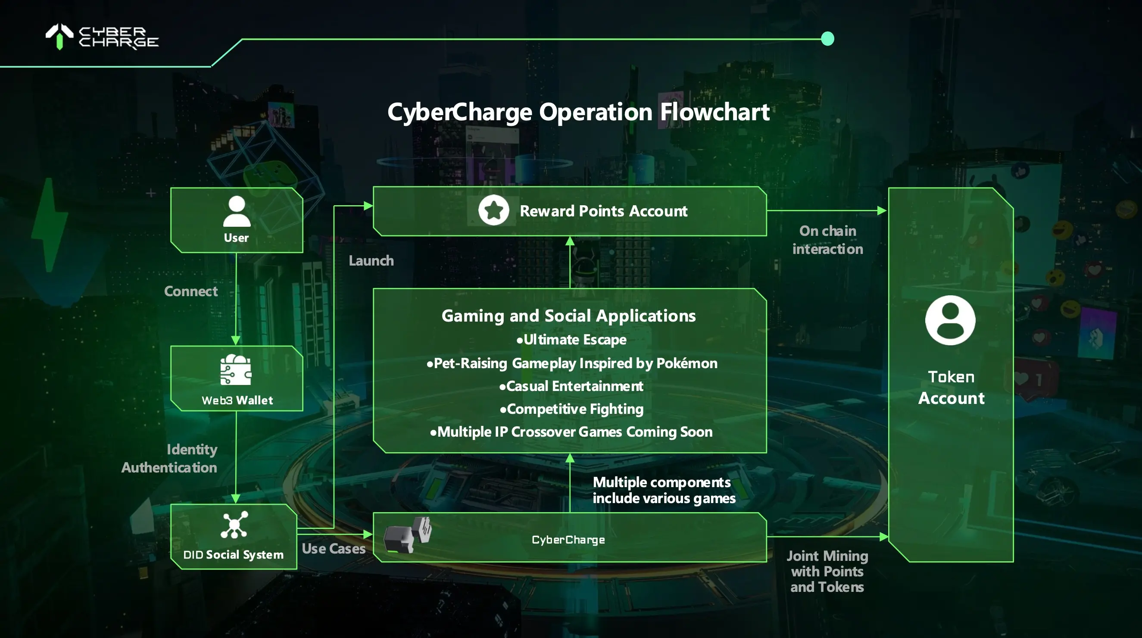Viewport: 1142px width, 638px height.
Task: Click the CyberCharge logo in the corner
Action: coord(102,37)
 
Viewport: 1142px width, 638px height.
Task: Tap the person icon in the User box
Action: coord(237,212)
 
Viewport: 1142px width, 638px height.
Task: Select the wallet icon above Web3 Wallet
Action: coord(236,370)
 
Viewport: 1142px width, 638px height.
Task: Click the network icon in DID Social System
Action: coord(234,525)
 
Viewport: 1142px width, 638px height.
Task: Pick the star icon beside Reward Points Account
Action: coord(493,210)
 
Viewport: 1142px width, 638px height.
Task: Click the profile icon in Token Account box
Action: coord(950,320)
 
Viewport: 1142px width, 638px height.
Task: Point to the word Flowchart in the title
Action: coord(715,112)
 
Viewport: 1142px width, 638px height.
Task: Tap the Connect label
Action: coord(190,291)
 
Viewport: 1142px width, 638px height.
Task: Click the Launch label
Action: coord(371,261)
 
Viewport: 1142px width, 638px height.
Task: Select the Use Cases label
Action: coord(334,549)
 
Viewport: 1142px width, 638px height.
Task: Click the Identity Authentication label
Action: coord(170,458)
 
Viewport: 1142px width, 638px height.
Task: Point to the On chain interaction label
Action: coord(827,240)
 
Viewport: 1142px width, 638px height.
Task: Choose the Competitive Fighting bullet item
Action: coord(571,409)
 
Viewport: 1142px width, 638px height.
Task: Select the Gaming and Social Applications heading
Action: coord(568,316)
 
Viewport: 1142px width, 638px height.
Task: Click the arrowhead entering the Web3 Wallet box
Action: coord(236,341)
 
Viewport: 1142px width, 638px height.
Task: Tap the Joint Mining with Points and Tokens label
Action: coord(827,572)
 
